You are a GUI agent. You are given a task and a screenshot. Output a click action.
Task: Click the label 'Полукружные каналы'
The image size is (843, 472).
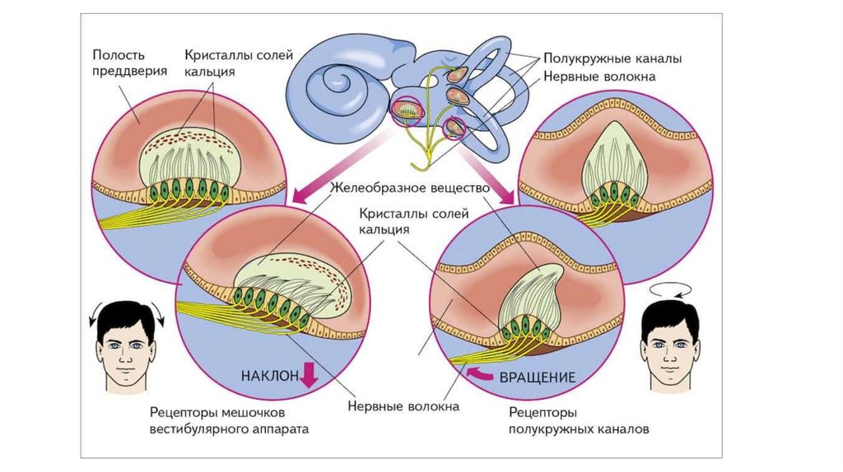611,59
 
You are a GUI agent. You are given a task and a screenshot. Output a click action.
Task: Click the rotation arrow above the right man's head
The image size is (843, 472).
668,291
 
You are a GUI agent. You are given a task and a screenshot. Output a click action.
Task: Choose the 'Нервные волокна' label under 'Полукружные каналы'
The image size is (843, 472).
598,77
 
